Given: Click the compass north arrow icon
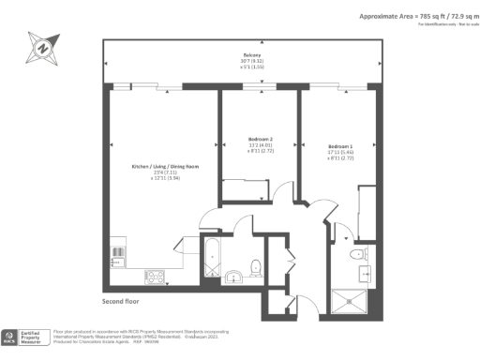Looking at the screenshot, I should pyautogui.click(x=41, y=46).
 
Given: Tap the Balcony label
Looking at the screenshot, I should pyautogui.click(x=244, y=56).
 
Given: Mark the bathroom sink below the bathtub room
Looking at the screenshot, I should pyautogui.click(x=233, y=276).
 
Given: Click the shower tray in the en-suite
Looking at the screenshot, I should pyautogui.click(x=352, y=299).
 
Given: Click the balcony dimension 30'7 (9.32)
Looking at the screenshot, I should pyautogui.click(x=244, y=62).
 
